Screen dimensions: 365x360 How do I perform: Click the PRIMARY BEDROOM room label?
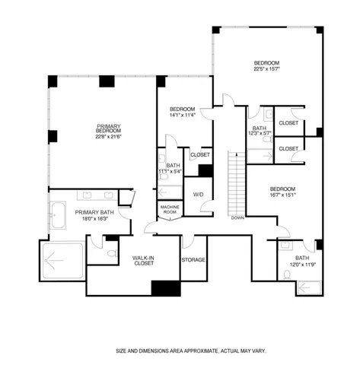(x=109, y=129)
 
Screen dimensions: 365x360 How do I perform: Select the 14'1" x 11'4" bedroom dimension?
(x=182, y=116)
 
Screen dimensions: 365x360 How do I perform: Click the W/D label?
(x=198, y=194)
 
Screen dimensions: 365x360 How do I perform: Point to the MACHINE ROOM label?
(x=170, y=209)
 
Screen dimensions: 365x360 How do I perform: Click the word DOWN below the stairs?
(x=237, y=217)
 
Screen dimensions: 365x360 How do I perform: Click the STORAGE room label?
(x=193, y=259)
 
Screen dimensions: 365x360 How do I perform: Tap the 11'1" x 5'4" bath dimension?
(x=174, y=171)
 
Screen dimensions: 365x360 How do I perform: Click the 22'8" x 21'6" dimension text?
(x=109, y=137)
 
